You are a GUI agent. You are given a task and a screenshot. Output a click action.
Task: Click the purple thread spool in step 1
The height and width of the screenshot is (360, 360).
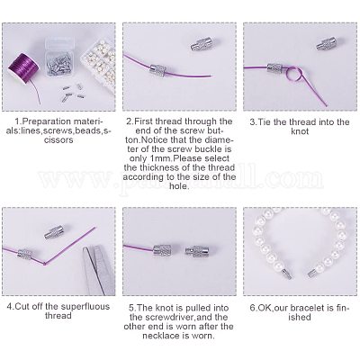(25, 69)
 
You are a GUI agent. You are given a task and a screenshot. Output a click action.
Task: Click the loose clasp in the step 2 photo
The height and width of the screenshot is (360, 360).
(202, 44)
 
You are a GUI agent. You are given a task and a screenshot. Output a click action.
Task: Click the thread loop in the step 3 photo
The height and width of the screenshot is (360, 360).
(294, 74)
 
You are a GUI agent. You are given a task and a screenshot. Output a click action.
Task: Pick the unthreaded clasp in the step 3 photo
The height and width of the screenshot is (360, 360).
(326, 44)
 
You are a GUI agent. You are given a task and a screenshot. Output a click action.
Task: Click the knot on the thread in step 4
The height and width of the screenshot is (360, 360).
(45, 264)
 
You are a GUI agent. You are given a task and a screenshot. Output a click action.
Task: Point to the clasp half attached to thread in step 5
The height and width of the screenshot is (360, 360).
(162, 250)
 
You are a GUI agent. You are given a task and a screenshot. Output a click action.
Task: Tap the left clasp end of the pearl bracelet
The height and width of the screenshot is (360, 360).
(286, 273)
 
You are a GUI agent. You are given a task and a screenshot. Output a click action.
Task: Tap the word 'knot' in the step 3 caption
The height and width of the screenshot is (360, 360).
(300, 131)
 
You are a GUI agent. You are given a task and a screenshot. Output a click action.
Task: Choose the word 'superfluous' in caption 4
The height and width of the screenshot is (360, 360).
(85, 307)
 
